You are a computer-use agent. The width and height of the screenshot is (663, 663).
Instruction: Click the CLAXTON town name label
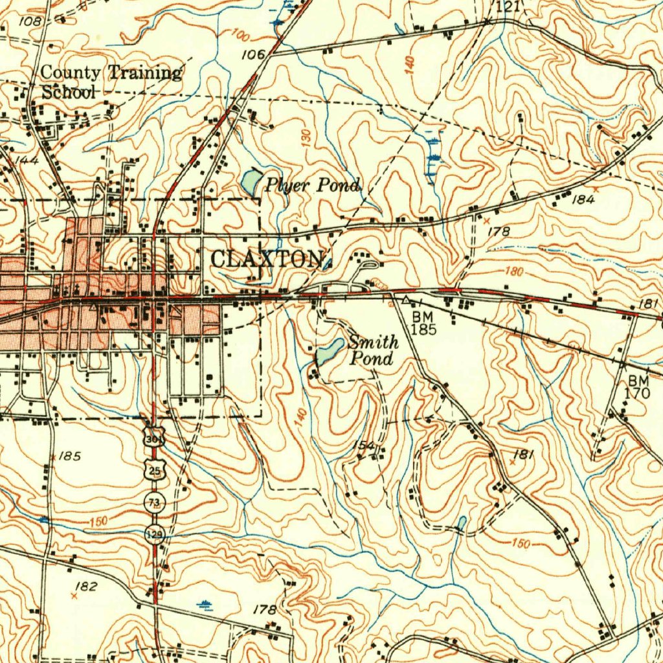point(267,259)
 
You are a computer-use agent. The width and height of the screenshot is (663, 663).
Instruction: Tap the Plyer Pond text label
point(312,186)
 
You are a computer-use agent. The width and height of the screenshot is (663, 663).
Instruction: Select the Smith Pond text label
point(372,350)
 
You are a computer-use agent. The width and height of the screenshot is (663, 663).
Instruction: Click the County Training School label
point(110,82)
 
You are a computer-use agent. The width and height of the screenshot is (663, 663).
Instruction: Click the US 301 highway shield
point(155,439)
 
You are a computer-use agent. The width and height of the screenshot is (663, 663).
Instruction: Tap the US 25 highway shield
point(154,471)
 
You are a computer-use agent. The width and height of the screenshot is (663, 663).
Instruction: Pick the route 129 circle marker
point(155,534)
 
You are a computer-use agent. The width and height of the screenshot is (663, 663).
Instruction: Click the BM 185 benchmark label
point(424,322)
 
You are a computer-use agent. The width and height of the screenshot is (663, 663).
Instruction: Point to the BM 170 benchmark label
point(637,387)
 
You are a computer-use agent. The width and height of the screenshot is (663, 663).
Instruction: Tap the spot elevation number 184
point(583,199)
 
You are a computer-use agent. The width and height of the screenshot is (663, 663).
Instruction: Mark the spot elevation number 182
point(85,587)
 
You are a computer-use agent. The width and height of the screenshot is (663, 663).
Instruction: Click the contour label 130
point(306,137)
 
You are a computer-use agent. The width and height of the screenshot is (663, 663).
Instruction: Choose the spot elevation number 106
point(253,55)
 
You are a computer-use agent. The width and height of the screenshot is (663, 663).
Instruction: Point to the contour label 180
point(513,272)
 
